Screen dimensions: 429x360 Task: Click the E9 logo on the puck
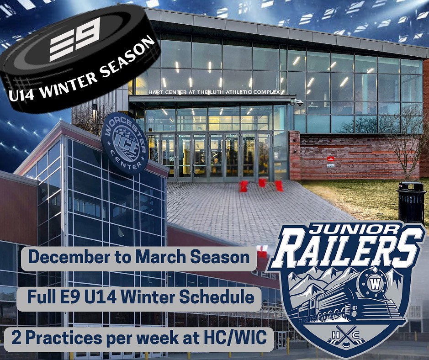click(x=74, y=39)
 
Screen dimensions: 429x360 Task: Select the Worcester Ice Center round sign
click(x=125, y=143)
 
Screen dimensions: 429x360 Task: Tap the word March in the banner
click(x=161, y=257)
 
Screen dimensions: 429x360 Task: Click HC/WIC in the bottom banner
click(x=235, y=338)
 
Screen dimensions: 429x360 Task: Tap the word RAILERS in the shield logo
click(x=348, y=250)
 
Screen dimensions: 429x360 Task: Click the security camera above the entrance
click(x=297, y=102)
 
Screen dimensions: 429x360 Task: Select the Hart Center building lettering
click(x=214, y=92)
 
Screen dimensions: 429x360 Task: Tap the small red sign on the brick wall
click(x=330, y=159)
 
